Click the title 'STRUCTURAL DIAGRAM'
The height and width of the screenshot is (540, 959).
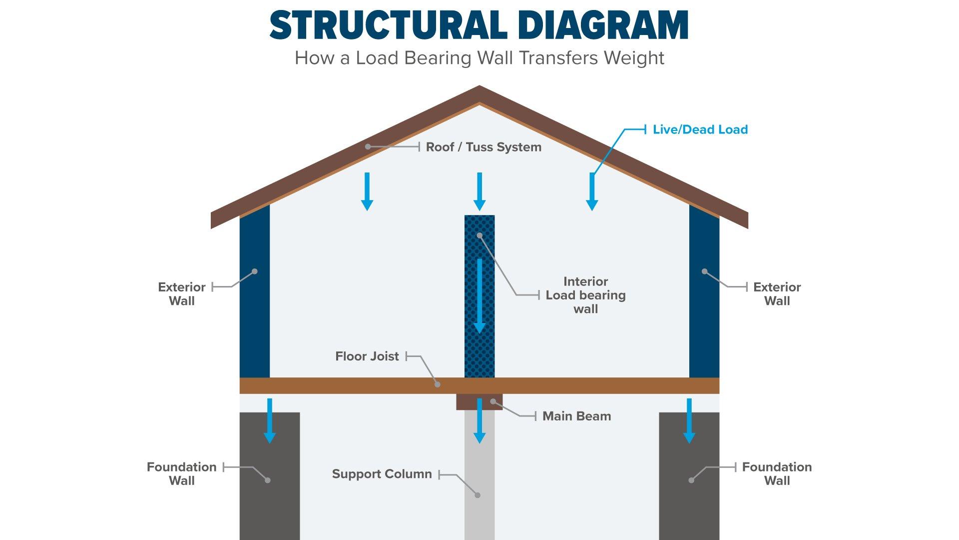pos(479,24)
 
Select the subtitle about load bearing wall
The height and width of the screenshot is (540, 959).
pos(479,58)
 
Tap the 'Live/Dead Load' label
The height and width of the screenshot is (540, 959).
pos(700,129)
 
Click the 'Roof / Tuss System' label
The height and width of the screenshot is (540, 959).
pos(483,147)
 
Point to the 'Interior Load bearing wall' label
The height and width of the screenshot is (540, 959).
pos(585,295)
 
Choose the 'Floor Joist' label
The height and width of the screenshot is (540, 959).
pos(367,356)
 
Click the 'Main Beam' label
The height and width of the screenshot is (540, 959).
pos(577,416)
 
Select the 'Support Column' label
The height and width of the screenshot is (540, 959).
pos(382,474)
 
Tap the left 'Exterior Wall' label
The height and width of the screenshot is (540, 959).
pos(182,294)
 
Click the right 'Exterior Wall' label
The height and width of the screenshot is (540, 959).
pos(777,294)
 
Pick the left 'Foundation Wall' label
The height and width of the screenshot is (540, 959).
pos(182,473)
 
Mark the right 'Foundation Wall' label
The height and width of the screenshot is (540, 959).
pos(777,473)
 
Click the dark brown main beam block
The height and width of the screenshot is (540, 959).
pos(479,402)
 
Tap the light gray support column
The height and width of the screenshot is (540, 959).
pos(479,475)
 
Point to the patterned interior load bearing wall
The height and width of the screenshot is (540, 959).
pos(479,296)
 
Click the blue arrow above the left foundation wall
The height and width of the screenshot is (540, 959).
pos(270,421)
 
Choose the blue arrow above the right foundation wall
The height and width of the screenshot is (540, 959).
pos(689,421)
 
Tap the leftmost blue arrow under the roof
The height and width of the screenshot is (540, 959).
pos(367,191)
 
